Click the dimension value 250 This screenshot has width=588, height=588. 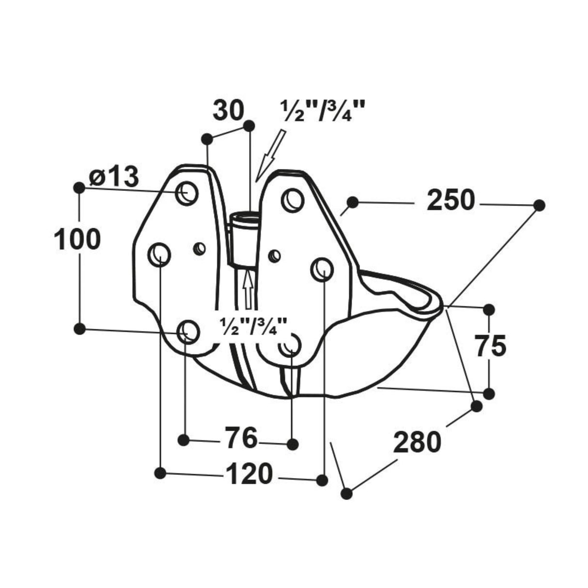point(451,201)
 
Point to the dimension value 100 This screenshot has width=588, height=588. point(77,240)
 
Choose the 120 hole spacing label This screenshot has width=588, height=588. point(248,474)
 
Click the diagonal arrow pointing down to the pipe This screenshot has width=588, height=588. point(270,155)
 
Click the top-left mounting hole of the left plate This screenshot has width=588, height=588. point(187,193)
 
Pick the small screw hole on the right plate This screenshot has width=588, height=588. point(274,255)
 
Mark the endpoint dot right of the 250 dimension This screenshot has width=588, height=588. point(539,205)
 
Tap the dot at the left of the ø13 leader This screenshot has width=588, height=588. point(79,187)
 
